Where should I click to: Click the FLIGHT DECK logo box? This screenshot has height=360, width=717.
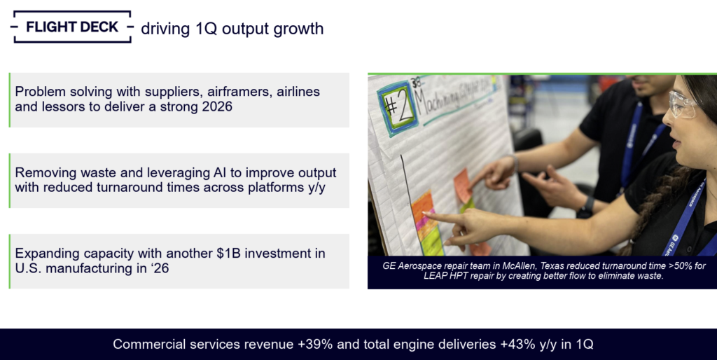click(x=71, y=27)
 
